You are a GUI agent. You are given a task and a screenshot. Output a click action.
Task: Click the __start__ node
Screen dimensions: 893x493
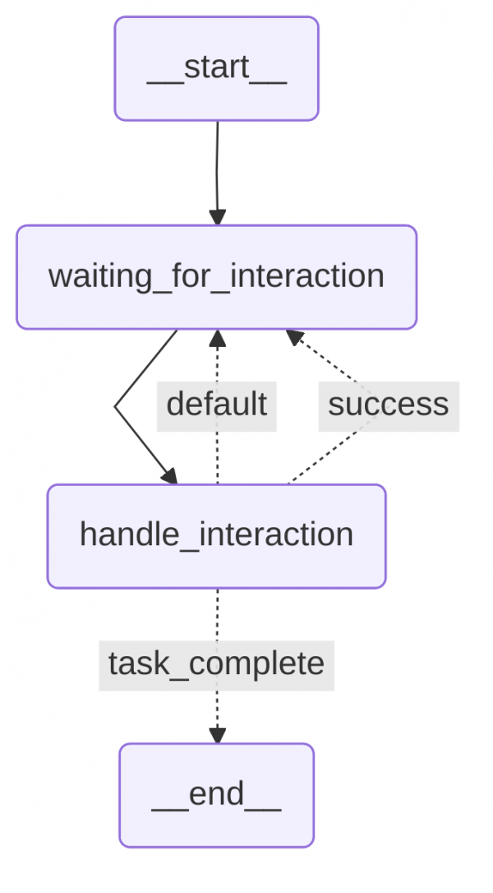coord(216,69)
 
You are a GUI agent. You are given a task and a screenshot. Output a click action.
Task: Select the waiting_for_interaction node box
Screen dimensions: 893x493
coord(216,277)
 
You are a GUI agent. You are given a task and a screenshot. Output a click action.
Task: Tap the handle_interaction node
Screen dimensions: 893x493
coord(216,536)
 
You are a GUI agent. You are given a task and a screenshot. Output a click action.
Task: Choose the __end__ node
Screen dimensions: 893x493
coord(216,795)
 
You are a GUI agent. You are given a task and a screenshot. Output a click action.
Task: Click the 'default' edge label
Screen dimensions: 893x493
coord(216,405)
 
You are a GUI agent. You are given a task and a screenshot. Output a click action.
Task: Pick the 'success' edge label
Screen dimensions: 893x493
coord(388,405)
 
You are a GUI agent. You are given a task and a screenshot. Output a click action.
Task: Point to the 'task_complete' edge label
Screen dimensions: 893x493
coord(216,664)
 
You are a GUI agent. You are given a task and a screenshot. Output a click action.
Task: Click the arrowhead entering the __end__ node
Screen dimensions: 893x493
coord(217,735)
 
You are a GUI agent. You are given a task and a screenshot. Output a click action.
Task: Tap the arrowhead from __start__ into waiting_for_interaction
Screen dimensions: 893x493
coord(217,217)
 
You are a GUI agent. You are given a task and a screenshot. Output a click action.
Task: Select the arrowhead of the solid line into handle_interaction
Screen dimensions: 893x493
coord(170,477)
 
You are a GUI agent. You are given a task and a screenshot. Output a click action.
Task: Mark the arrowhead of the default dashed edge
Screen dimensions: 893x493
coord(217,337)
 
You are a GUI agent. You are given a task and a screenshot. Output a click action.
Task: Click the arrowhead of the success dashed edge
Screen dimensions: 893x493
coord(293,336)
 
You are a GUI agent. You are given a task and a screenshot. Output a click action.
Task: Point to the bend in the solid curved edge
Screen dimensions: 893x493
coord(116,406)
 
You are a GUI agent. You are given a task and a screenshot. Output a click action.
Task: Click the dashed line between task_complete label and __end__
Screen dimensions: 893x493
coord(217,707)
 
